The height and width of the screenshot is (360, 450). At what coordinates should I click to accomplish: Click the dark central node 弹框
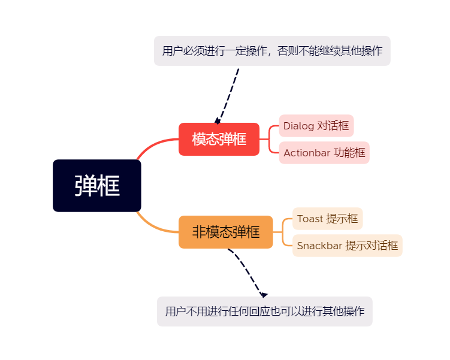[x=97, y=186]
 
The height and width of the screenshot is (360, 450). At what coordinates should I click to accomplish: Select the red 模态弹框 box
[x=219, y=139]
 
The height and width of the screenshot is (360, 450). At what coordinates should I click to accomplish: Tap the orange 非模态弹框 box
[x=225, y=232]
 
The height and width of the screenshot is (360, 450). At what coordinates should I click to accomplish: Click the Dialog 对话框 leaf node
[x=316, y=126]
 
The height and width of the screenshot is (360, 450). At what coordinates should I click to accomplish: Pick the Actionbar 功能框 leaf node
[x=324, y=153]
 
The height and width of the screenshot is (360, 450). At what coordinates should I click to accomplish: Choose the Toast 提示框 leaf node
[x=327, y=219]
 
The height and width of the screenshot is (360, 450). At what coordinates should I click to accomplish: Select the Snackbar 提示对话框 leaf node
[x=348, y=246]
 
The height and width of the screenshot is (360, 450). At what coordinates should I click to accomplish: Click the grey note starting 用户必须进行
[x=272, y=51]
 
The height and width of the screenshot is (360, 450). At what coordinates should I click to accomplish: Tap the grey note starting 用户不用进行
[x=265, y=311]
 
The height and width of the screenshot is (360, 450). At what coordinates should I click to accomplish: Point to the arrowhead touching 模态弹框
[x=218, y=121]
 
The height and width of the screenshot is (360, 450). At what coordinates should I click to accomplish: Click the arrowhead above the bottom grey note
[x=264, y=295]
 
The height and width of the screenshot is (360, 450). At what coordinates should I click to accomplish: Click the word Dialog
[x=298, y=126]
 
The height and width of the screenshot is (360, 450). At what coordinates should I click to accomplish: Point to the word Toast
[x=310, y=219]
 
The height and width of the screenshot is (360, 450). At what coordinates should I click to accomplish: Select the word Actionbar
[x=307, y=153]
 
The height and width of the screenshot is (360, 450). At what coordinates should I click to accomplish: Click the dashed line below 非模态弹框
[x=246, y=269]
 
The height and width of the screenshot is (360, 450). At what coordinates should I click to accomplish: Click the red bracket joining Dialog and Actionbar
[x=269, y=139]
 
